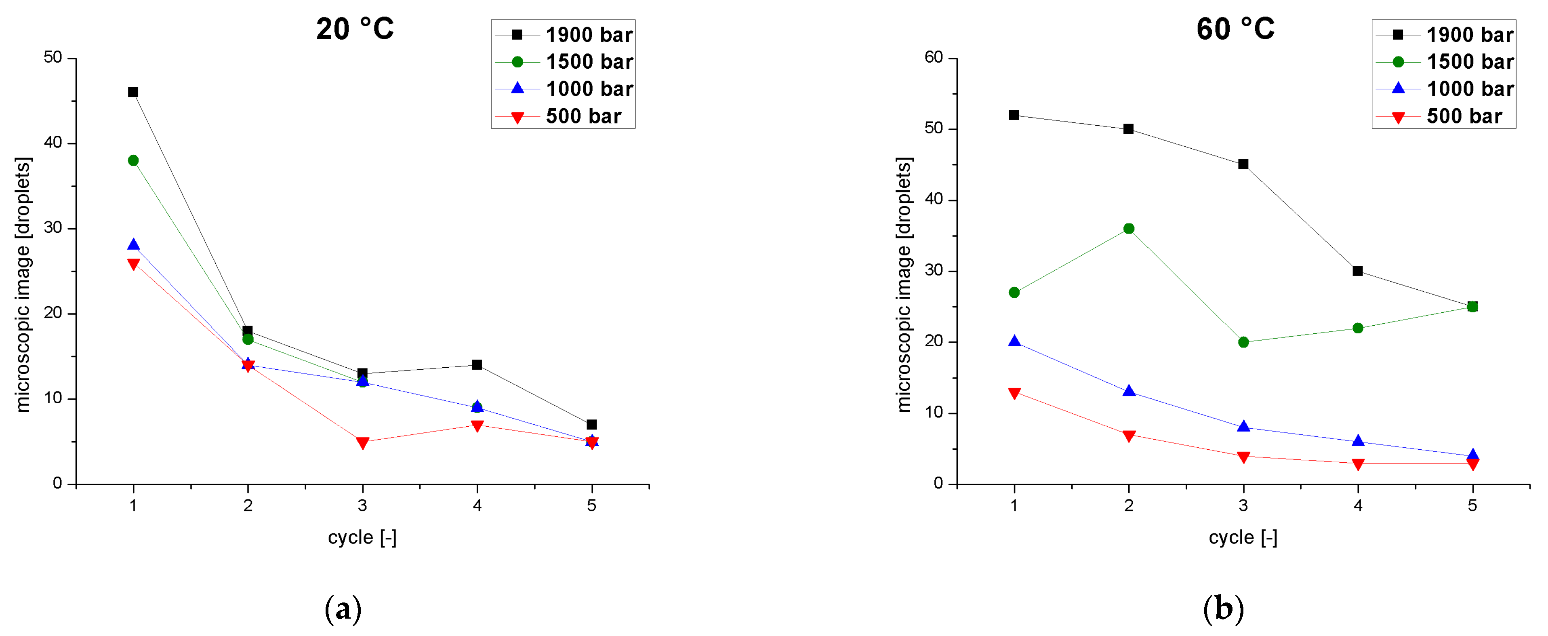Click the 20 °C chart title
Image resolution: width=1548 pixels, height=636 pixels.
355,29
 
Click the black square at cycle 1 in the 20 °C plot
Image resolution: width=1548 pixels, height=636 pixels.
133,92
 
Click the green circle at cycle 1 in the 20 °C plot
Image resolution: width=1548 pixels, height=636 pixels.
133,160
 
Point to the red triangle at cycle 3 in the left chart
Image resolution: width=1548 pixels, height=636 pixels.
362,442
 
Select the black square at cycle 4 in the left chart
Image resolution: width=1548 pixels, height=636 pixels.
477,365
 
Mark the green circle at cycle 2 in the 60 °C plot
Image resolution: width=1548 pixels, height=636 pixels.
1129,228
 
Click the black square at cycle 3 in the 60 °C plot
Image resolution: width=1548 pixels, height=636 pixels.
1243,164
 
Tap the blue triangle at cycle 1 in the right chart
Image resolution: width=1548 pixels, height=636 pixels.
1014,341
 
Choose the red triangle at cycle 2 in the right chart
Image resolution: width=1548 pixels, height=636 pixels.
1129,435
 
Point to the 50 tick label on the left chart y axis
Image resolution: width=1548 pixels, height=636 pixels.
53,58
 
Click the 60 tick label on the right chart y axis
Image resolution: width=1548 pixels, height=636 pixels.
934,58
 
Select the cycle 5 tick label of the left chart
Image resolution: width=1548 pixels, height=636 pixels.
592,505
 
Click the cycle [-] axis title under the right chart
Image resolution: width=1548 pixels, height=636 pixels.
1243,537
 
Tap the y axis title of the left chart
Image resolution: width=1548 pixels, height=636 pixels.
23,284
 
